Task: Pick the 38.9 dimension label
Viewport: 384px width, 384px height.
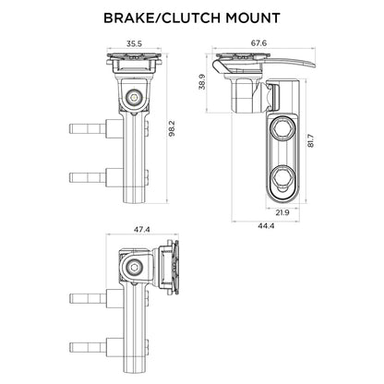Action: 203,84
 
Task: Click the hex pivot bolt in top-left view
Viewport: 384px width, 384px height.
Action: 135,94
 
